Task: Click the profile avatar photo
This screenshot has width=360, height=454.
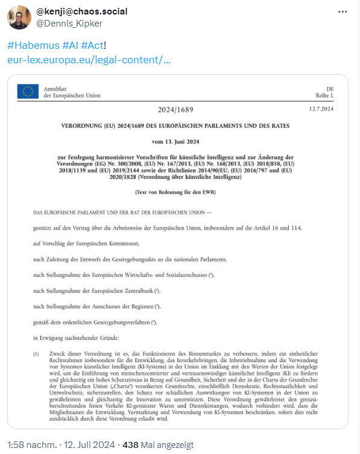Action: click(19, 17)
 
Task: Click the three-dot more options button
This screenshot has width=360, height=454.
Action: click(343, 12)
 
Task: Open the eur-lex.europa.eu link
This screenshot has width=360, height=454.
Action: click(89, 60)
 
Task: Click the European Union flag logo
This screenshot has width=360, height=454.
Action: click(28, 92)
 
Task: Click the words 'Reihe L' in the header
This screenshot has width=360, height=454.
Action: click(324, 96)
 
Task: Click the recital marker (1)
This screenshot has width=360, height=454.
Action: click(37, 353)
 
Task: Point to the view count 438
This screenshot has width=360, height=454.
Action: click(130, 445)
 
